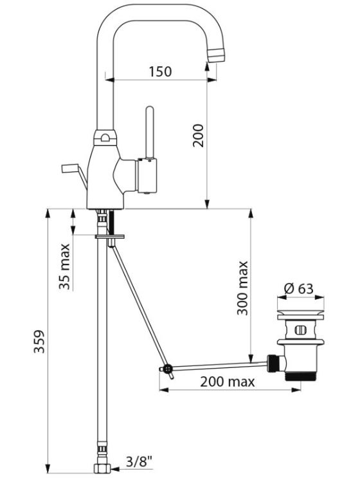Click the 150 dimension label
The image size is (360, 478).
tap(160, 71)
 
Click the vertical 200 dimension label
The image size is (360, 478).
tap(198, 135)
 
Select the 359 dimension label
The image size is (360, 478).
tap(39, 342)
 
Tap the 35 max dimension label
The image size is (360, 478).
tap(64, 266)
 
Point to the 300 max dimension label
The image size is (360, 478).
tap(243, 288)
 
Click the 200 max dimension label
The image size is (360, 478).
tap(227, 381)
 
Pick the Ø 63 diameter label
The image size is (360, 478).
tap(298, 288)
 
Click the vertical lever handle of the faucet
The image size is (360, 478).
tap(150, 132)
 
